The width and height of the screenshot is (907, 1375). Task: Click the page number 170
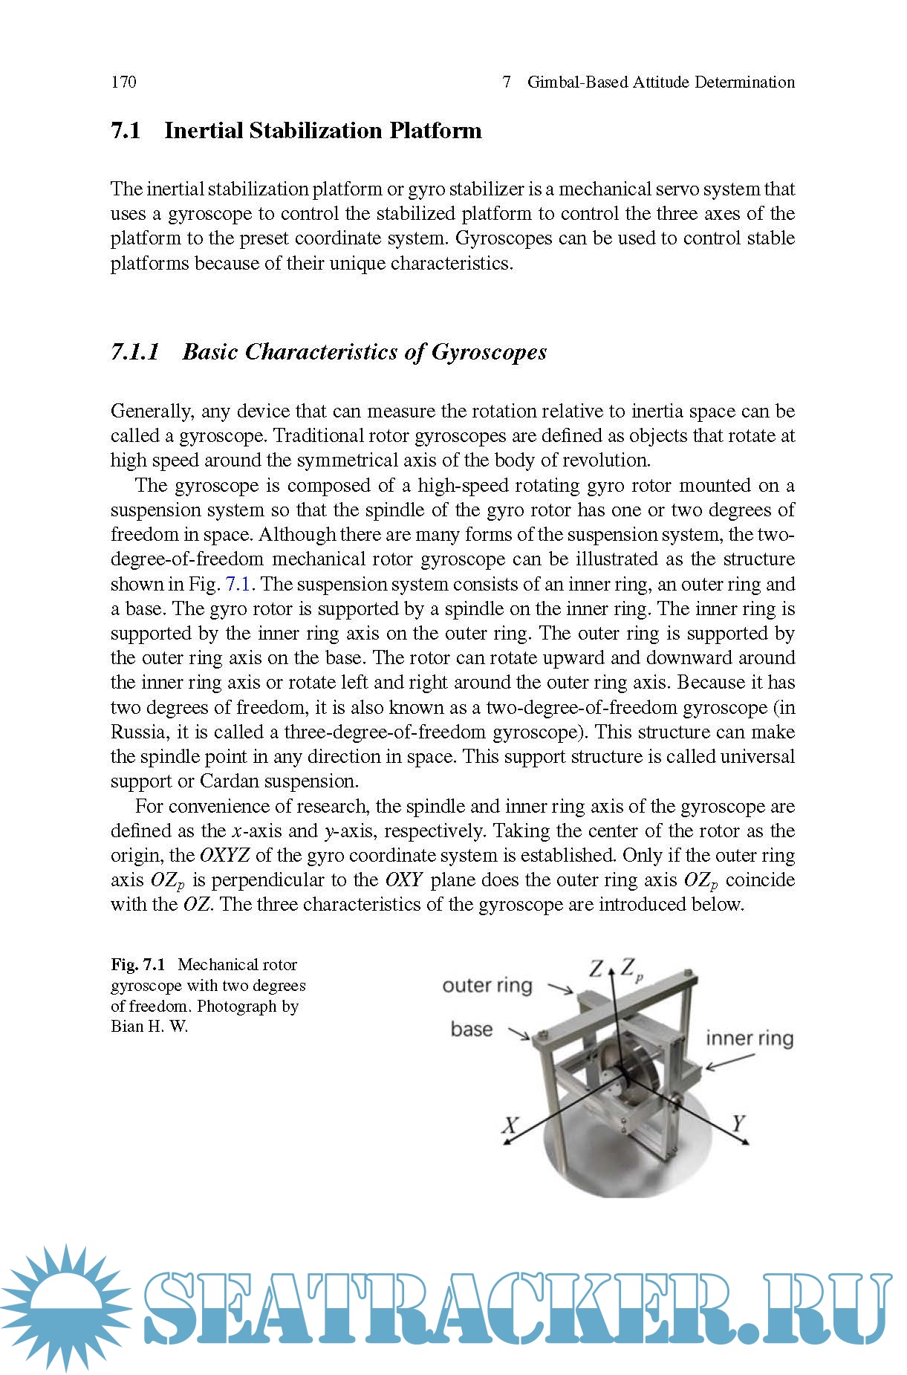pos(123,82)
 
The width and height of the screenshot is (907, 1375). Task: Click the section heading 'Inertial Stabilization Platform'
pos(322,131)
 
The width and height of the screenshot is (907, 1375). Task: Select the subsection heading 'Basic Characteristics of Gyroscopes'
pos(364,351)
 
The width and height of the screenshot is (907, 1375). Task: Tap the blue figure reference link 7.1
pos(238,584)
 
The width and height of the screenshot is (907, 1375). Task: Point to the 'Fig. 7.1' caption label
pos(137,965)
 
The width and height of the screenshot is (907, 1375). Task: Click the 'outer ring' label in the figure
pos(487,986)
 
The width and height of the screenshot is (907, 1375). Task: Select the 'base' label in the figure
pos(472,1030)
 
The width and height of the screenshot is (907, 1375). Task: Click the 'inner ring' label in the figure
pos(749,1038)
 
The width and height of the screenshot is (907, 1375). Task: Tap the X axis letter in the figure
pos(510,1125)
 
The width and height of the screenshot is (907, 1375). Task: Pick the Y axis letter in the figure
pos(738,1123)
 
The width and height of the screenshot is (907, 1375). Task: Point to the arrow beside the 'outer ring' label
pos(560,989)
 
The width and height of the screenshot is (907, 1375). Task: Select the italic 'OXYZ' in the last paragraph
pos(224,856)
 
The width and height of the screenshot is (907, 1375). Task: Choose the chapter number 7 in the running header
pos(507,82)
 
